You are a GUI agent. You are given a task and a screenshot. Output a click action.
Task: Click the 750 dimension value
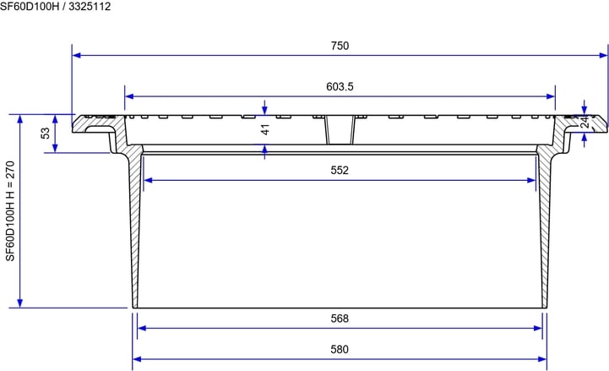340,46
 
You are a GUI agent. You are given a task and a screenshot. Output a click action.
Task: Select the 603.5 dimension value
340,87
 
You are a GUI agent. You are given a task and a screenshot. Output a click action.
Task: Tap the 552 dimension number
340,170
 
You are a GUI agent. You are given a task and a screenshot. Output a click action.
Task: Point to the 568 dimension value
340,319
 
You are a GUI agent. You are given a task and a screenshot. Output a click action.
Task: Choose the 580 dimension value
340,349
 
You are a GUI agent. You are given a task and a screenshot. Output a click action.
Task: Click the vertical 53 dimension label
46,134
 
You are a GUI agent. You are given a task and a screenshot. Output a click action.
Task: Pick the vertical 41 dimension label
265,129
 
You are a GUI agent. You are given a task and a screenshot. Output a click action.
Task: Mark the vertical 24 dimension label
585,123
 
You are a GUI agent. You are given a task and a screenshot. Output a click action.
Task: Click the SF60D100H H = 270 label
9,211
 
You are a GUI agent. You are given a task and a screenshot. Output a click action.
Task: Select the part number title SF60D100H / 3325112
55,7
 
